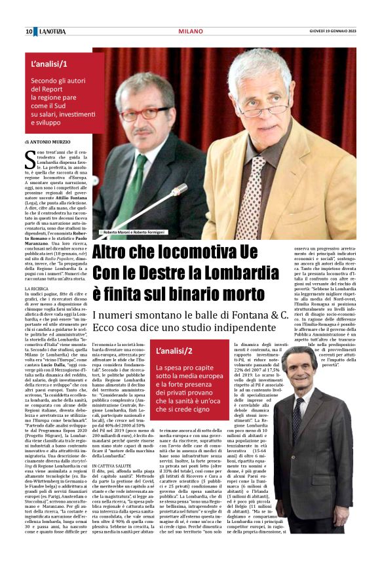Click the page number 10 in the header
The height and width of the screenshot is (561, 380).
pos(29,31)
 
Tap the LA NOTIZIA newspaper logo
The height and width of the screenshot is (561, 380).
pos(50,31)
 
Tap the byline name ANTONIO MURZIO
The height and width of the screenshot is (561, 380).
pos(52,142)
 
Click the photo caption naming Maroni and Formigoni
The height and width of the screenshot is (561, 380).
pos(134,233)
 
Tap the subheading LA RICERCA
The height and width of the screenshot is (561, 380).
pos(37,288)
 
